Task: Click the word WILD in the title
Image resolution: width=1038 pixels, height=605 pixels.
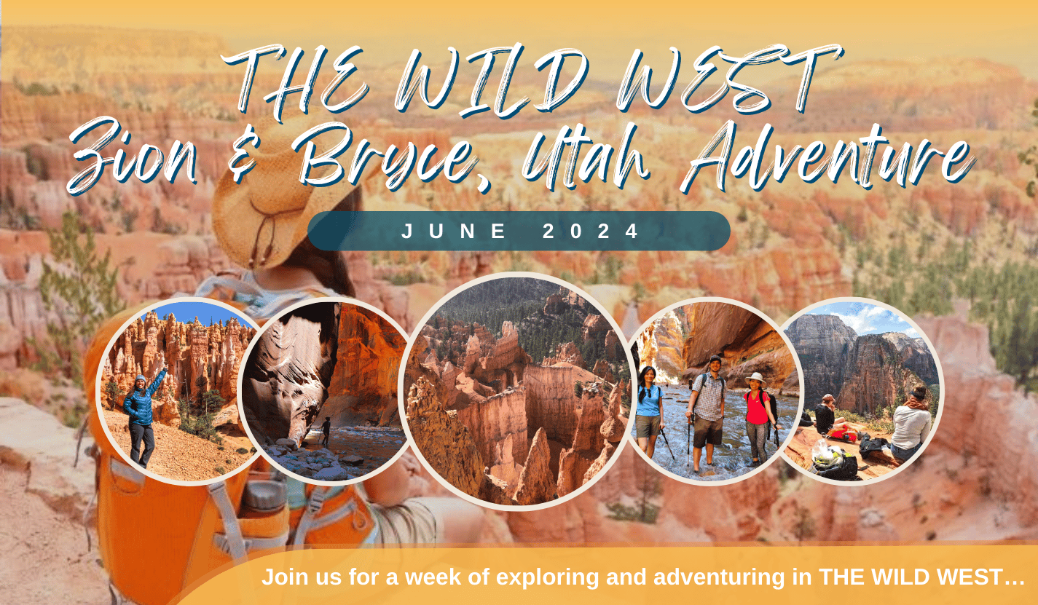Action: tap(494, 79)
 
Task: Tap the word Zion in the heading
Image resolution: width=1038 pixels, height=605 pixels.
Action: tap(132, 157)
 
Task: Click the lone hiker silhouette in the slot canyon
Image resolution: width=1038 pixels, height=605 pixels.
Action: tap(326, 431)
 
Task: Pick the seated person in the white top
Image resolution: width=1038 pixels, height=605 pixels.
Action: tap(910, 422)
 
